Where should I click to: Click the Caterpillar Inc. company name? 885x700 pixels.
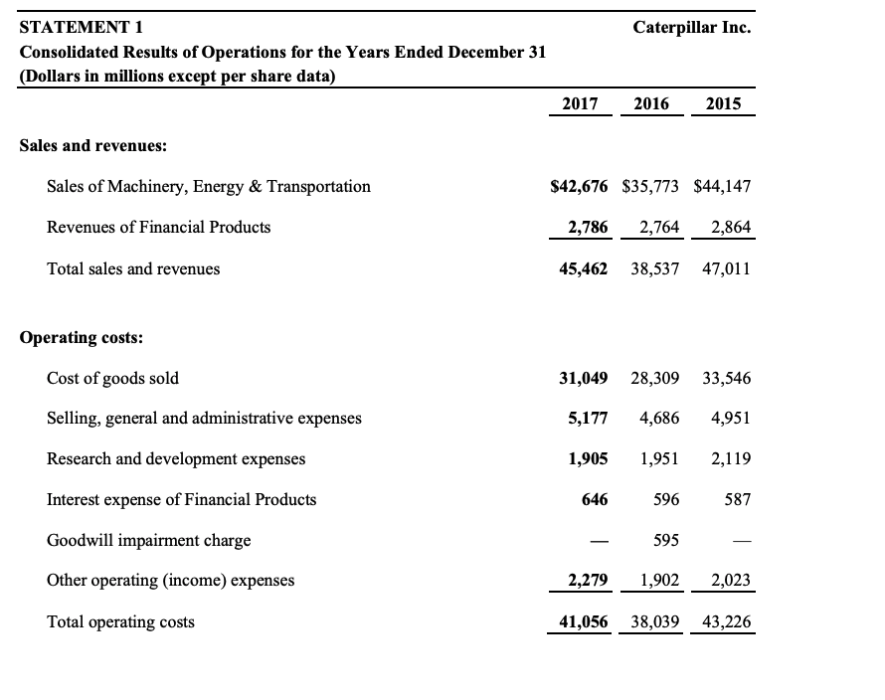pyautogui.click(x=691, y=28)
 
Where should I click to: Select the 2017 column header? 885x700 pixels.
pyautogui.click(x=580, y=103)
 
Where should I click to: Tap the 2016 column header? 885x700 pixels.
pyautogui.click(x=650, y=103)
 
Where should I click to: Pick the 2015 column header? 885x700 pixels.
pyautogui.click(x=723, y=103)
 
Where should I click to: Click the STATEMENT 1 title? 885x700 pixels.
pyautogui.click(x=82, y=28)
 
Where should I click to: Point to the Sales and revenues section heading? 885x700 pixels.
pyautogui.click(x=93, y=145)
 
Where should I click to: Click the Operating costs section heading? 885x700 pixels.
pyautogui.click(x=82, y=337)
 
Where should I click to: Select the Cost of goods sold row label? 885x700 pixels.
pyautogui.click(x=112, y=378)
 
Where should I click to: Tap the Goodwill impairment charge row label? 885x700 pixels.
pyautogui.click(x=148, y=541)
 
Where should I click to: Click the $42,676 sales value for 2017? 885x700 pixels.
pyautogui.click(x=579, y=186)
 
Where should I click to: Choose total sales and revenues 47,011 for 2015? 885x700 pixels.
pyautogui.click(x=727, y=268)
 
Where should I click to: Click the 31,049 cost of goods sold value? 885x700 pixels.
pyautogui.click(x=583, y=378)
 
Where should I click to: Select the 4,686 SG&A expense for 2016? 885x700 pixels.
pyautogui.click(x=658, y=419)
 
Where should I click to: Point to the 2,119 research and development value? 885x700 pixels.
pyautogui.click(x=730, y=459)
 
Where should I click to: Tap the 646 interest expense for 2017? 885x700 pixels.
pyautogui.click(x=595, y=500)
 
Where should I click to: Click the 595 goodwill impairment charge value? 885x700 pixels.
pyautogui.click(x=666, y=541)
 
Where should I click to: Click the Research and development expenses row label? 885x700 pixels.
pyautogui.click(x=176, y=459)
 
